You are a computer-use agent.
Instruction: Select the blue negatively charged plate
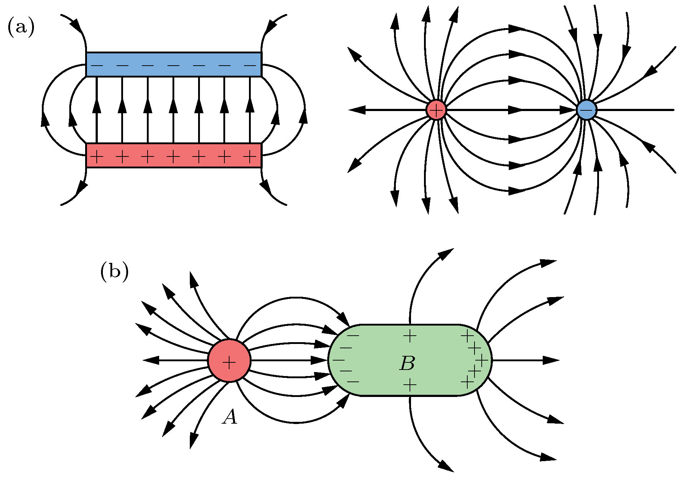tap(174, 65)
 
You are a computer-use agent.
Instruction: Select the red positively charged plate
tap(174, 156)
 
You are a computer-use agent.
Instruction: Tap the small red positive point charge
tap(436, 110)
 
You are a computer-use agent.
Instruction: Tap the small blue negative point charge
tap(586, 110)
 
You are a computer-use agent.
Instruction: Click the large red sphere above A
tap(229, 360)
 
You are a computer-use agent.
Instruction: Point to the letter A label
tap(230, 417)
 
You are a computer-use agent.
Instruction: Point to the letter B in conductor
tap(407, 363)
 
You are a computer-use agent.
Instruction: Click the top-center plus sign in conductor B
tap(410, 336)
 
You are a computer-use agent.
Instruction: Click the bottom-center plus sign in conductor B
tap(410, 385)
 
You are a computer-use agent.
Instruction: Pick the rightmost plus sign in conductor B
tap(482, 360)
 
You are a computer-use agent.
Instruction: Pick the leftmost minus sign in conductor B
tap(338, 360)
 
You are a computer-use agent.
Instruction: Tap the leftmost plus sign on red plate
tap(97, 157)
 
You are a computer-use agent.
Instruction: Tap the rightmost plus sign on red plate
tap(250, 157)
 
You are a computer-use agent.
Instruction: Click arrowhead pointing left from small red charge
tap(357, 110)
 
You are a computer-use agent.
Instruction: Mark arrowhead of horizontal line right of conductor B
tap(551, 360)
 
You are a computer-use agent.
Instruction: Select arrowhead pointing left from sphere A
tap(151, 360)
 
